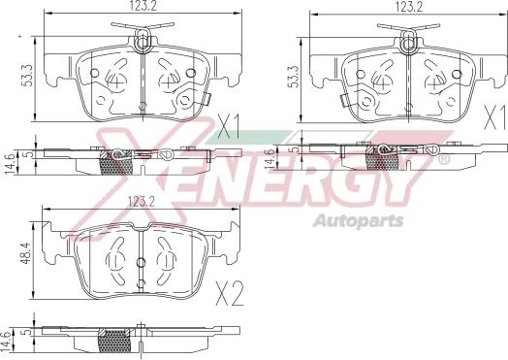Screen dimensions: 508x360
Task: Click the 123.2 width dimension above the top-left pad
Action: pyautogui.click(x=143, y=6)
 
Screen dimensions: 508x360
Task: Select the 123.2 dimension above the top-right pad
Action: pyautogui.click(x=408, y=7)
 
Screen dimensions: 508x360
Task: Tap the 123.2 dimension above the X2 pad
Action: pyautogui.click(x=142, y=203)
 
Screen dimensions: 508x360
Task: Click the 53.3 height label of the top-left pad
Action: pyautogui.click(x=28, y=75)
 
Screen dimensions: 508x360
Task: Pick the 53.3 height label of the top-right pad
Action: pyautogui.click(x=294, y=76)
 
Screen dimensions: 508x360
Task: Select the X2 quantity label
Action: pyautogui.click(x=230, y=294)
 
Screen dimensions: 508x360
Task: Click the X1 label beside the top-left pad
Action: pyautogui.click(x=229, y=127)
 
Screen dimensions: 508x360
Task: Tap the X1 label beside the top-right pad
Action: pyautogui.click(x=494, y=117)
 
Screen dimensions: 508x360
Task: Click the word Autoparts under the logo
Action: pyautogui.click(x=359, y=221)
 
